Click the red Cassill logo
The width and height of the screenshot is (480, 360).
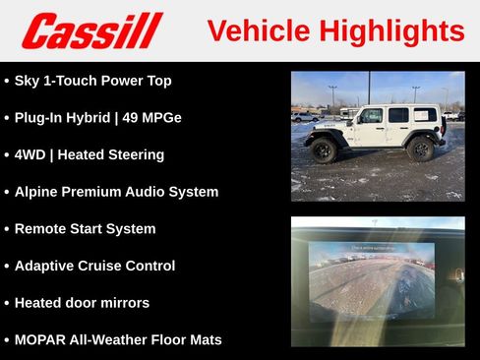click(x=90, y=30)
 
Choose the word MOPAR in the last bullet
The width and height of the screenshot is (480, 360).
click(x=41, y=339)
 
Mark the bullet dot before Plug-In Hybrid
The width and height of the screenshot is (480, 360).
click(x=7, y=118)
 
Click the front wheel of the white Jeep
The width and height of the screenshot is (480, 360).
click(x=324, y=150)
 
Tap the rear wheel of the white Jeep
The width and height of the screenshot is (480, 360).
click(x=421, y=149)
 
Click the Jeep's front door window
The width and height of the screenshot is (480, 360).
click(x=372, y=116)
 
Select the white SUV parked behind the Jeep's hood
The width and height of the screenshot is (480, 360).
click(x=304, y=117)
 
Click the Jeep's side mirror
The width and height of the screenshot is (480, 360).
click(x=357, y=121)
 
